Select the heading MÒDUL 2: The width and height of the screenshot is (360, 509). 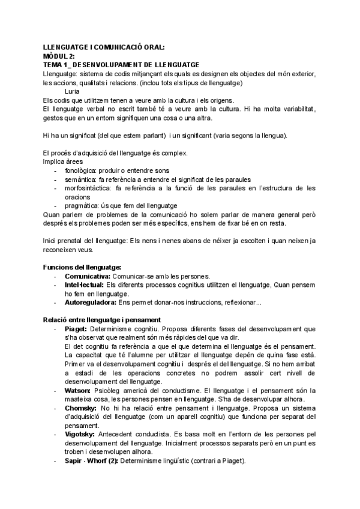pyautogui.click(x=59, y=56)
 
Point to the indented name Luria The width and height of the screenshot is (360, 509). pyautogui.click(x=72, y=91)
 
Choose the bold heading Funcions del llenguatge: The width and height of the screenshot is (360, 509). pyautogui.click(x=82, y=267)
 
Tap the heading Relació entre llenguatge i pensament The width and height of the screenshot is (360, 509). pyautogui.click(x=101, y=319)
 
